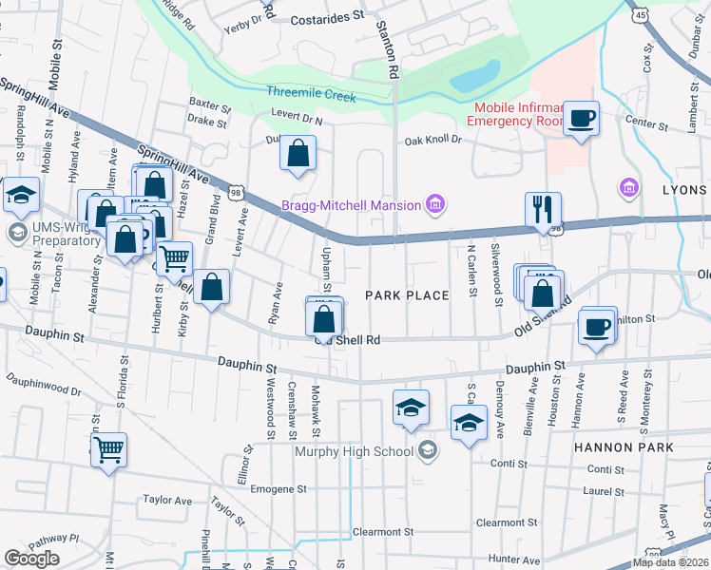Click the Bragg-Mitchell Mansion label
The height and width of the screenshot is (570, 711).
(x=350, y=205)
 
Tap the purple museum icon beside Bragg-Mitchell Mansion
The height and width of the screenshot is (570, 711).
(x=435, y=202)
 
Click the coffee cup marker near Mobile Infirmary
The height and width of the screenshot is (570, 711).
(x=581, y=119)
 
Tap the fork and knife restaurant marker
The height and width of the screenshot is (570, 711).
(x=543, y=210)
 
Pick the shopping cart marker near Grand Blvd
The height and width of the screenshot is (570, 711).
(x=174, y=258)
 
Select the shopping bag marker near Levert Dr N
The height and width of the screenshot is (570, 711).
(x=298, y=153)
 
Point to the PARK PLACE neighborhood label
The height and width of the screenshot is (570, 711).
(x=407, y=295)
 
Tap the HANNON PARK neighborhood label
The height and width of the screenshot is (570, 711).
(x=622, y=446)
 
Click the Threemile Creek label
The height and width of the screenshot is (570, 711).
(x=311, y=96)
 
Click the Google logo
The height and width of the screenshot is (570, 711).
(x=31, y=559)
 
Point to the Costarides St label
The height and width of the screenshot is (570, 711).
(x=327, y=16)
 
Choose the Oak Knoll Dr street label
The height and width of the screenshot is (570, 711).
(x=432, y=140)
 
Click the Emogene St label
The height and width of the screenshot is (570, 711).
(x=277, y=489)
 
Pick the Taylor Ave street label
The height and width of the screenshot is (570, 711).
(x=167, y=500)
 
